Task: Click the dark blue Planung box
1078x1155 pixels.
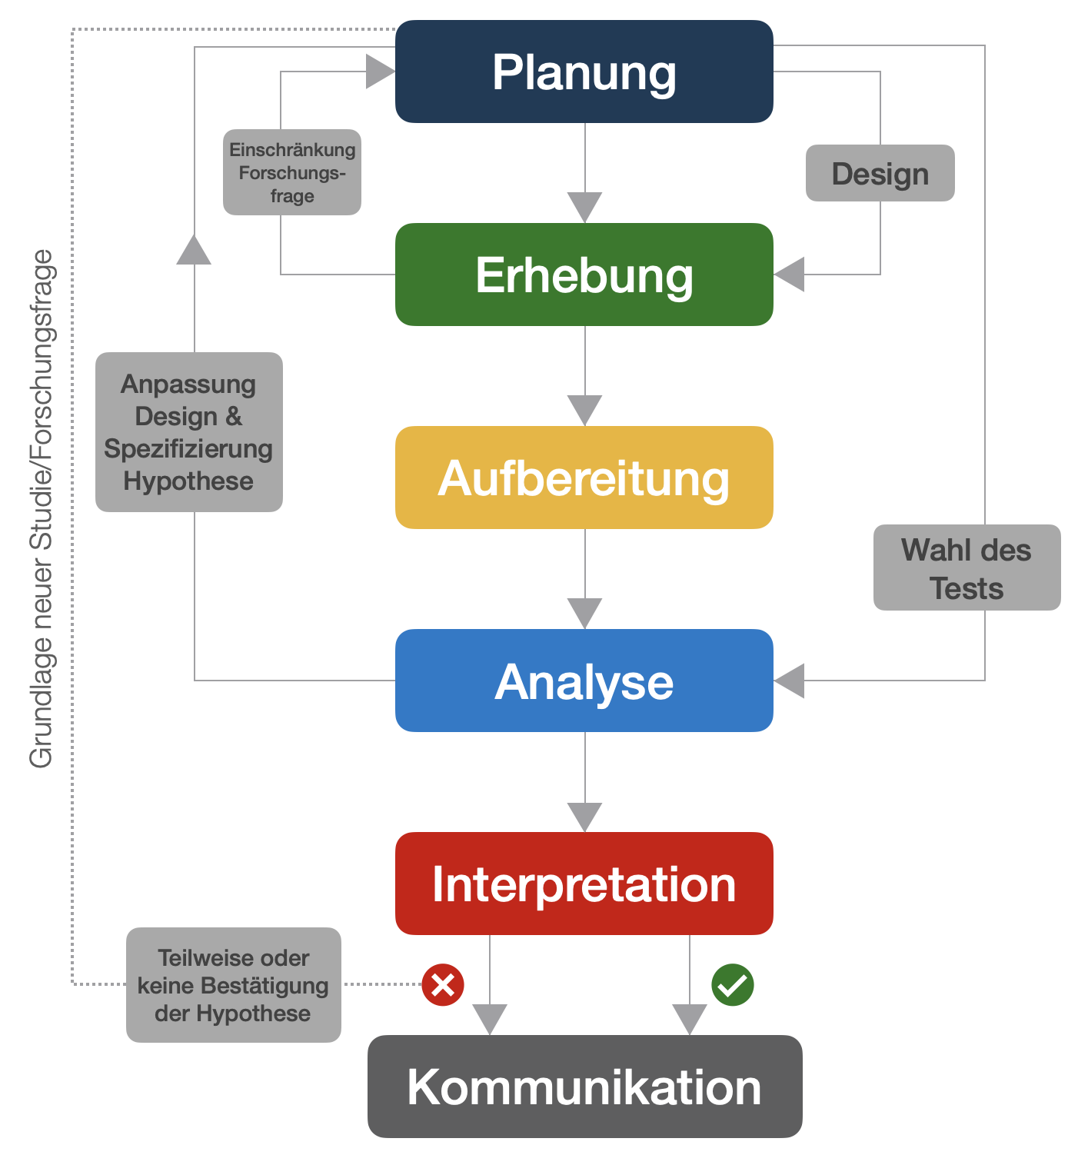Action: coord(584,72)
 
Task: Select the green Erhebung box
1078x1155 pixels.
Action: coord(584,275)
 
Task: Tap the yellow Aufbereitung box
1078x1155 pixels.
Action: coord(584,478)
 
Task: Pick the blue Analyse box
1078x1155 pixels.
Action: coord(584,681)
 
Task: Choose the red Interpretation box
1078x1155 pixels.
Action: coord(584,884)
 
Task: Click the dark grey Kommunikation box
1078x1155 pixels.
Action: coord(584,1086)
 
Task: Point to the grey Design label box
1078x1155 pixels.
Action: coord(880,173)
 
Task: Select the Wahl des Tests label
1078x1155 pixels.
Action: coord(967,568)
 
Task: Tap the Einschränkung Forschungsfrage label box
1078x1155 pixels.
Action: coord(292,172)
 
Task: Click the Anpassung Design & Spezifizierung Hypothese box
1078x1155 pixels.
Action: coord(189,432)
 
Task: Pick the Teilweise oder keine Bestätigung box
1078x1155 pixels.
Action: coord(233,985)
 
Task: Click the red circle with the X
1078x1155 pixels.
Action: coord(443,984)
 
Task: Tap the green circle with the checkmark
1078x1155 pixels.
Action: coord(732,984)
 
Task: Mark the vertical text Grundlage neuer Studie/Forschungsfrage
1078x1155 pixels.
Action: coord(42,508)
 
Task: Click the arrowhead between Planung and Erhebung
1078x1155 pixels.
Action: coord(584,207)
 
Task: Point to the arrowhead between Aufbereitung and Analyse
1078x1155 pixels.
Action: coord(584,613)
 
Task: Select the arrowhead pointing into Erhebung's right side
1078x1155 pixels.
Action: coord(790,275)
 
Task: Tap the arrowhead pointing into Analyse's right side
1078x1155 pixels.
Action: coord(790,681)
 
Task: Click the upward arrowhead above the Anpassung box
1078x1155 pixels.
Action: coord(194,250)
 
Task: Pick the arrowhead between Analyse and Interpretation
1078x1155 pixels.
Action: coord(584,817)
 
